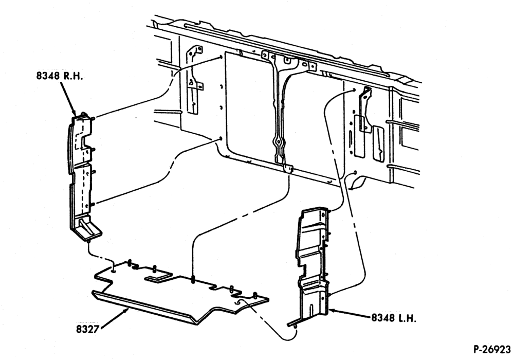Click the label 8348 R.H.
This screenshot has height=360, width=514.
(59, 76)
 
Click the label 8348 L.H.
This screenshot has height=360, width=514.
(393, 318)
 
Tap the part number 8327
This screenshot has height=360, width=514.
(87, 329)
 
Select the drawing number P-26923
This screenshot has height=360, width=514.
(492, 349)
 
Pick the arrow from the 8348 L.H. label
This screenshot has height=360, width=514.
(349, 313)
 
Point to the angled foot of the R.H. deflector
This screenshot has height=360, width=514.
(88, 228)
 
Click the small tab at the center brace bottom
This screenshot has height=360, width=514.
(288, 168)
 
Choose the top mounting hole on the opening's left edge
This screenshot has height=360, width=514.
(222, 58)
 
